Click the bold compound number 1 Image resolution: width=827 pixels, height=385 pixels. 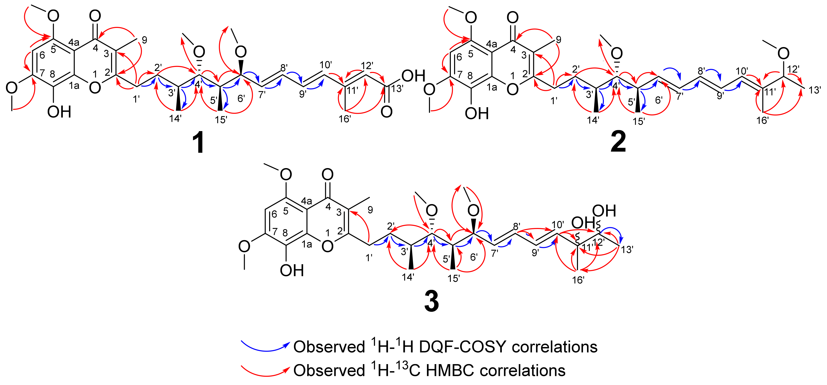[199, 144]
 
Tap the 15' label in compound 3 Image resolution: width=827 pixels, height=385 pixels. [454, 278]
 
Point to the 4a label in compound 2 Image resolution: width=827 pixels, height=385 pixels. [491, 44]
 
